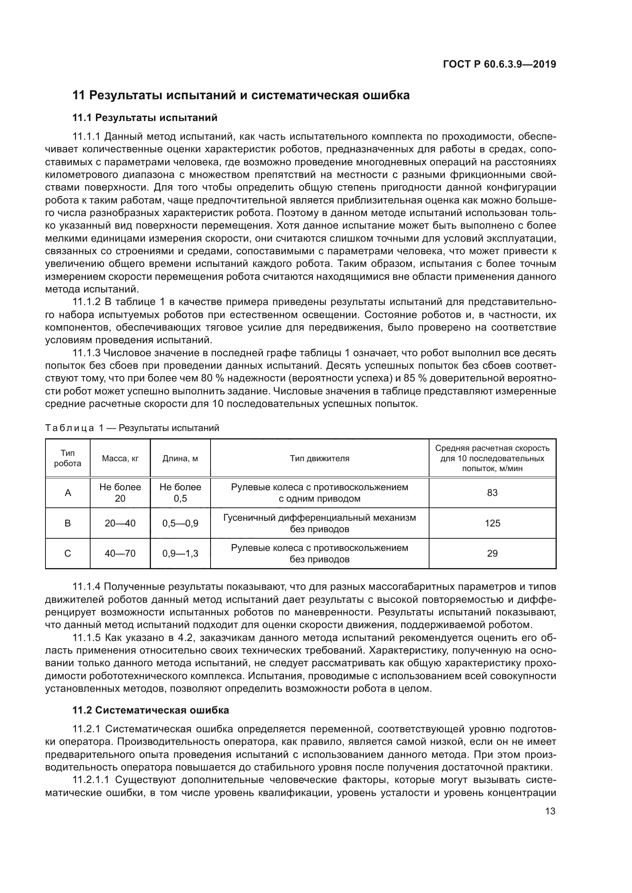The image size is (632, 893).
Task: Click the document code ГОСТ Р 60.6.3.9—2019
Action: (x=499, y=64)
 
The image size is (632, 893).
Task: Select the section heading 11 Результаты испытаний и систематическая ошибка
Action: (x=241, y=95)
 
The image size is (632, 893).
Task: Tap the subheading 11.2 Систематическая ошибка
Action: (x=151, y=710)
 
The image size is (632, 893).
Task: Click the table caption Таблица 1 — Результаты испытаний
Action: (x=132, y=428)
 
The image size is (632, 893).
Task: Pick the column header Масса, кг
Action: (x=120, y=458)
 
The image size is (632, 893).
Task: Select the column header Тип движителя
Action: (x=319, y=458)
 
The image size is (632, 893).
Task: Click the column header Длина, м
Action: (x=180, y=458)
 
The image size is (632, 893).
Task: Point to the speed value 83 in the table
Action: (x=492, y=493)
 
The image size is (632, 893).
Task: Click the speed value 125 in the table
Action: (x=492, y=523)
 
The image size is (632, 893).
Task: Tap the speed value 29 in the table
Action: (x=492, y=554)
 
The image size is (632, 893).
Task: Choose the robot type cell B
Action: (x=68, y=523)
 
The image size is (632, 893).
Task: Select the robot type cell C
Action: (x=68, y=554)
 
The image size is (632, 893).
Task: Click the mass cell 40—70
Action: (x=120, y=554)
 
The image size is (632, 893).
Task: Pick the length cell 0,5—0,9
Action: (x=180, y=523)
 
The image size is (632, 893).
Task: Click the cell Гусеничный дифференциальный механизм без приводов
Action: (x=319, y=523)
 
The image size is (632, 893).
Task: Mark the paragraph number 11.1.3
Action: (x=87, y=353)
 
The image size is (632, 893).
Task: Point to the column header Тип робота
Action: (x=68, y=458)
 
